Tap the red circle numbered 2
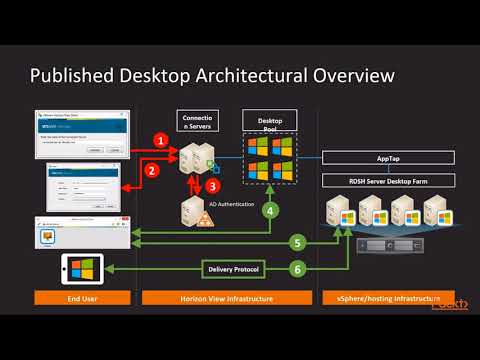point(153,171)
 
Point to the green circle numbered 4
point(269,211)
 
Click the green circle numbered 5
point(297,241)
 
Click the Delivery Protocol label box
point(233,269)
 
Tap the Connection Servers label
point(196,122)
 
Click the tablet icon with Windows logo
point(85,269)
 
